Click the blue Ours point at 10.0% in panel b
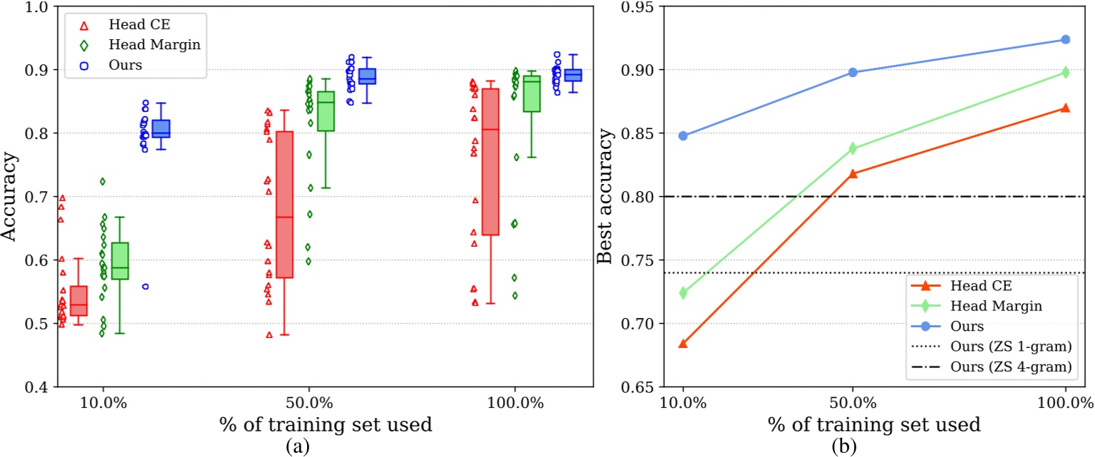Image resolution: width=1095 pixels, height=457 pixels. (x=683, y=135)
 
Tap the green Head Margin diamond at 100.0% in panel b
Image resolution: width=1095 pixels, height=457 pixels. (x=1065, y=72)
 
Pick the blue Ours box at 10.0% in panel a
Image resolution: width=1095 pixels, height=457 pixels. (x=161, y=128)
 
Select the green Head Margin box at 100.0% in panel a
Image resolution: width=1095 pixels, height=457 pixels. (x=531, y=93)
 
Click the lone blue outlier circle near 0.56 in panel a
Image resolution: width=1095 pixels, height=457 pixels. (x=145, y=287)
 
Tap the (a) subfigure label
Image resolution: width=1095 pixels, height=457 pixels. (x=297, y=446)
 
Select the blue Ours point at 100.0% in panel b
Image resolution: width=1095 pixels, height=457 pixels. (x=1065, y=39)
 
